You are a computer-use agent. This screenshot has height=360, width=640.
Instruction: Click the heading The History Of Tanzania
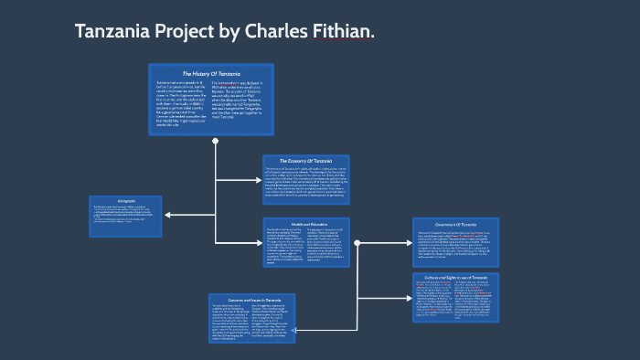[x=211, y=73]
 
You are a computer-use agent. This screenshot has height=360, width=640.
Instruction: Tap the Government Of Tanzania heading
[x=455, y=225]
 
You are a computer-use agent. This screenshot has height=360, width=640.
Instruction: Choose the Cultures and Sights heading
[x=454, y=276]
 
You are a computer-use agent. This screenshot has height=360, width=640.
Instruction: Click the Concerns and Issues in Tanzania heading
[x=252, y=298]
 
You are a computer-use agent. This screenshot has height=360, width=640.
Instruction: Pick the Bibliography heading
[x=126, y=200]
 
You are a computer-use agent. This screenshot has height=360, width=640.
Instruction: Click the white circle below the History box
[x=215, y=142]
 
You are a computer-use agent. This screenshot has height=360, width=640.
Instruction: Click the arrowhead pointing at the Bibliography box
[x=167, y=216]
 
